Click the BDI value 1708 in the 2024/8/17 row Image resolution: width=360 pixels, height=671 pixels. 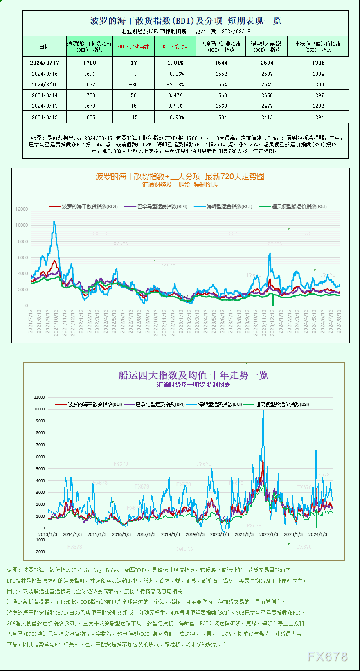click(90, 63)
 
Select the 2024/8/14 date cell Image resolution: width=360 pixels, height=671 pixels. click(45, 95)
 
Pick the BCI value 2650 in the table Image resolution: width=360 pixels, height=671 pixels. click(267, 95)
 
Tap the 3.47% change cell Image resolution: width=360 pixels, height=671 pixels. click(175, 95)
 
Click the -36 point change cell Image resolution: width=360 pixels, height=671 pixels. click(133, 84)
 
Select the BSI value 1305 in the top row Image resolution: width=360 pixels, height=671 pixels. click(318, 63)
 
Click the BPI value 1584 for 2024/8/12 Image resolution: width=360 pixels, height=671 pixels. click(221, 117)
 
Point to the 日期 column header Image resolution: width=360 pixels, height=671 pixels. click(45, 47)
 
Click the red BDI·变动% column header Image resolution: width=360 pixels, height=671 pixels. click(175, 47)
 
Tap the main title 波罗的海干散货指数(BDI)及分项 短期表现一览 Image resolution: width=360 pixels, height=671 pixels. click(185, 21)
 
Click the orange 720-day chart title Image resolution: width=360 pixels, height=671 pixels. click(180, 176)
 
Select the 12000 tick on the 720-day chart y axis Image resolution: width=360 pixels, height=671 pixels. click(22, 209)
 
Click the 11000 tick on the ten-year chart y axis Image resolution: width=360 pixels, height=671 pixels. click(40, 397)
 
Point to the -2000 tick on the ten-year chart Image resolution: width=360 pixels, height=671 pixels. click(40, 552)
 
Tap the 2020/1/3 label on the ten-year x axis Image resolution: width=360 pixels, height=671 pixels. click(220, 534)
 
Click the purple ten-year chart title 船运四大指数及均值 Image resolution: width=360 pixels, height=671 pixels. click(193, 375)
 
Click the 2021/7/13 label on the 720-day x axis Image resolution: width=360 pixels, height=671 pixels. click(31, 321)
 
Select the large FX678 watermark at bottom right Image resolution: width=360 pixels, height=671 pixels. click(327, 657)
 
